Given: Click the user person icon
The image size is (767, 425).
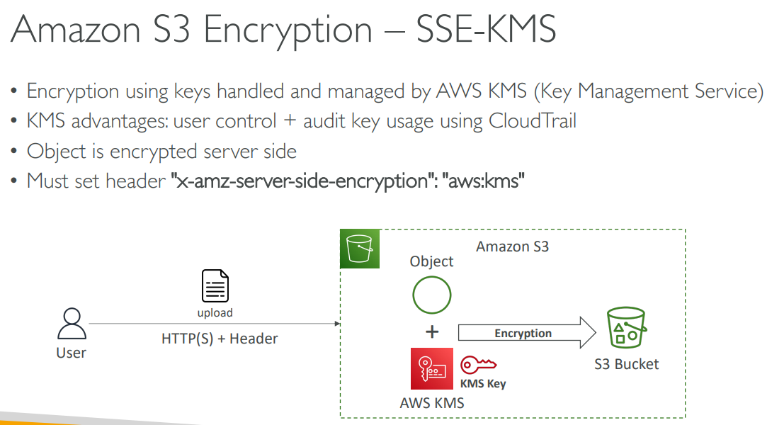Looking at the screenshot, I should (x=71, y=325).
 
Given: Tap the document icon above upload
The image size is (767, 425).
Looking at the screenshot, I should (x=215, y=286).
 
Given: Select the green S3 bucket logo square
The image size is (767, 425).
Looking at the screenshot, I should (x=360, y=249).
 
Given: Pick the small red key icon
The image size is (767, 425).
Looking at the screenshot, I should (x=479, y=365).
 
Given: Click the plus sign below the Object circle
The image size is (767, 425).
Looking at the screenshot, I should (x=432, y=331).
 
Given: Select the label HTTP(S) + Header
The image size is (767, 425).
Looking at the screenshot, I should (x=220, y=339).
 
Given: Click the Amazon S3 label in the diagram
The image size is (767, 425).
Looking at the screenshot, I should (x=512, y=246).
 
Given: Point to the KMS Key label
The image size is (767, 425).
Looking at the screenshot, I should (x=483, y=384).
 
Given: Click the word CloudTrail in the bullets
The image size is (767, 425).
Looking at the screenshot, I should (x=533, y=121).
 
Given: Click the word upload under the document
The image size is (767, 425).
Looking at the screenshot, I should (x=215, y=312).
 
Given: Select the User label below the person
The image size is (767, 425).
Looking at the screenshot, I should (x=71, y=352).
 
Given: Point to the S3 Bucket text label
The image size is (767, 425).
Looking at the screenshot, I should (x=627, y=364).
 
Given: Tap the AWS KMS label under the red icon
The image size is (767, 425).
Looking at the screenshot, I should (x=432, y=403).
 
